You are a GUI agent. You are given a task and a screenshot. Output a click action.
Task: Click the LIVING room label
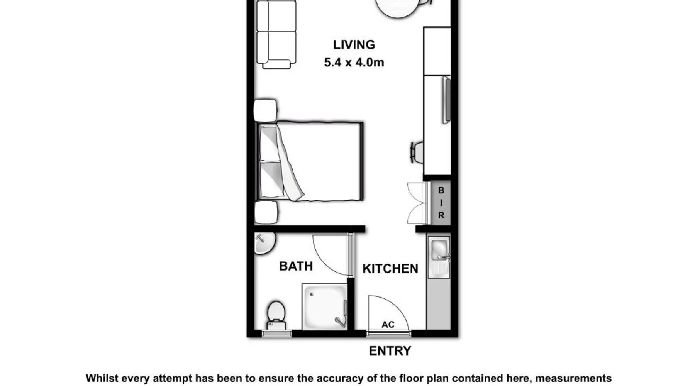pos(354,45)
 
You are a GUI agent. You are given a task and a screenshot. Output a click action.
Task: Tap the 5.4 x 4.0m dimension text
pos(354,62)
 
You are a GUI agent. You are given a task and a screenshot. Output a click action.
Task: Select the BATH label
pos(296,266)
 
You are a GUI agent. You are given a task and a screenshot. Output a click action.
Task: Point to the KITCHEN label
pos(390,269)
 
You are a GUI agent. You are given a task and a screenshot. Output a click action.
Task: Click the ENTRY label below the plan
pos(390,351)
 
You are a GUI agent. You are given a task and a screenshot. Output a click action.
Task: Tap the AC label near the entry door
pos(388,325)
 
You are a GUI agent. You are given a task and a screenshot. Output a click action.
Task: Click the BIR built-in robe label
pos(441,203)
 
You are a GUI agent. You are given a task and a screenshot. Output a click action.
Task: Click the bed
pos(310,161)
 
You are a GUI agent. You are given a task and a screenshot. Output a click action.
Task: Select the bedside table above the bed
pos(265,110)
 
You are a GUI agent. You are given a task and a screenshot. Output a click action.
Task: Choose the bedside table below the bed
pos(266,212)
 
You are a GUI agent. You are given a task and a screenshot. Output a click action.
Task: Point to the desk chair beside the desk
pos(417,152)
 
